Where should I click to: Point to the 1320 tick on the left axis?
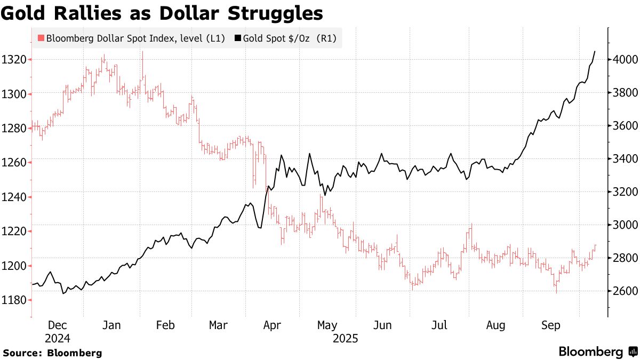pyautogui.click(x=14, y=59)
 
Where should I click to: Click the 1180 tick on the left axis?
pyautogui.click(x=14, y=300)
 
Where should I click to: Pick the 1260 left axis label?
pyautogui.click(x=14, y=163)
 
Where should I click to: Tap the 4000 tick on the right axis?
pyautogui.click(x=625, y=59)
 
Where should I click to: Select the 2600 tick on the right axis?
pyautogui.click(x=625, y=291)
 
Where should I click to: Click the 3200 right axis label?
pyautogui.click(x=625, y=192)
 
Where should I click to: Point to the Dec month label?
pyautogui.click(x=57, y=325)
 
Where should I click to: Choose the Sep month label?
pyautogui.click(x=551, y=325)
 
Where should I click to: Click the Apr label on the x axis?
pyautogui.click(x=273, y=325)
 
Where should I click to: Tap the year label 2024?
pyautogui.click(x=57, y=338)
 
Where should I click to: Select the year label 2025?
pyautogui.click(x=345, y=338)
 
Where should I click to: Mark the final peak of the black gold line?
pyautogui.click(x=595, y=51)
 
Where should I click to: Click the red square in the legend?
pyautogui.click(x=40, y=38)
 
